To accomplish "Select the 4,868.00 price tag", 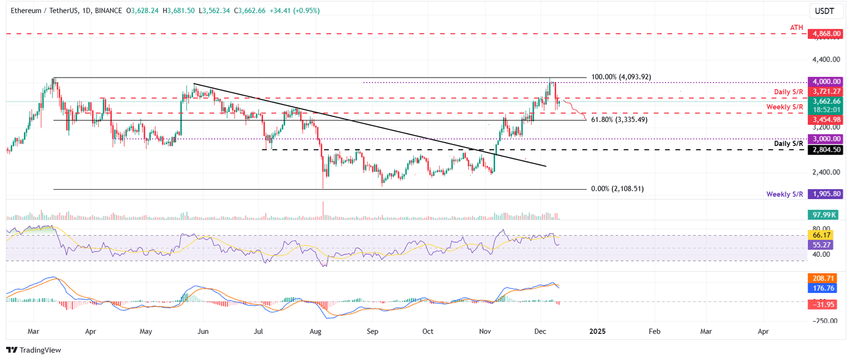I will pos(825,34).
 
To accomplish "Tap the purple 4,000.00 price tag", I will pos(825,81).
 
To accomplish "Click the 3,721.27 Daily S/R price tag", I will pos(825,91).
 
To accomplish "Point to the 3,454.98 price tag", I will pos(825,119).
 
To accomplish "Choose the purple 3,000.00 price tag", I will pos(825,139).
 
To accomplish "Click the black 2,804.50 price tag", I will pos(825,150).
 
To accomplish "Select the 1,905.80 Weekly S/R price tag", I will pos(825,194).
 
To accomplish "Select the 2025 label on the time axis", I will pos(597,331).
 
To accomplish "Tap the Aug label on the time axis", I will pos(316,331).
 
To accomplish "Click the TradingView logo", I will pos(33,350).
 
